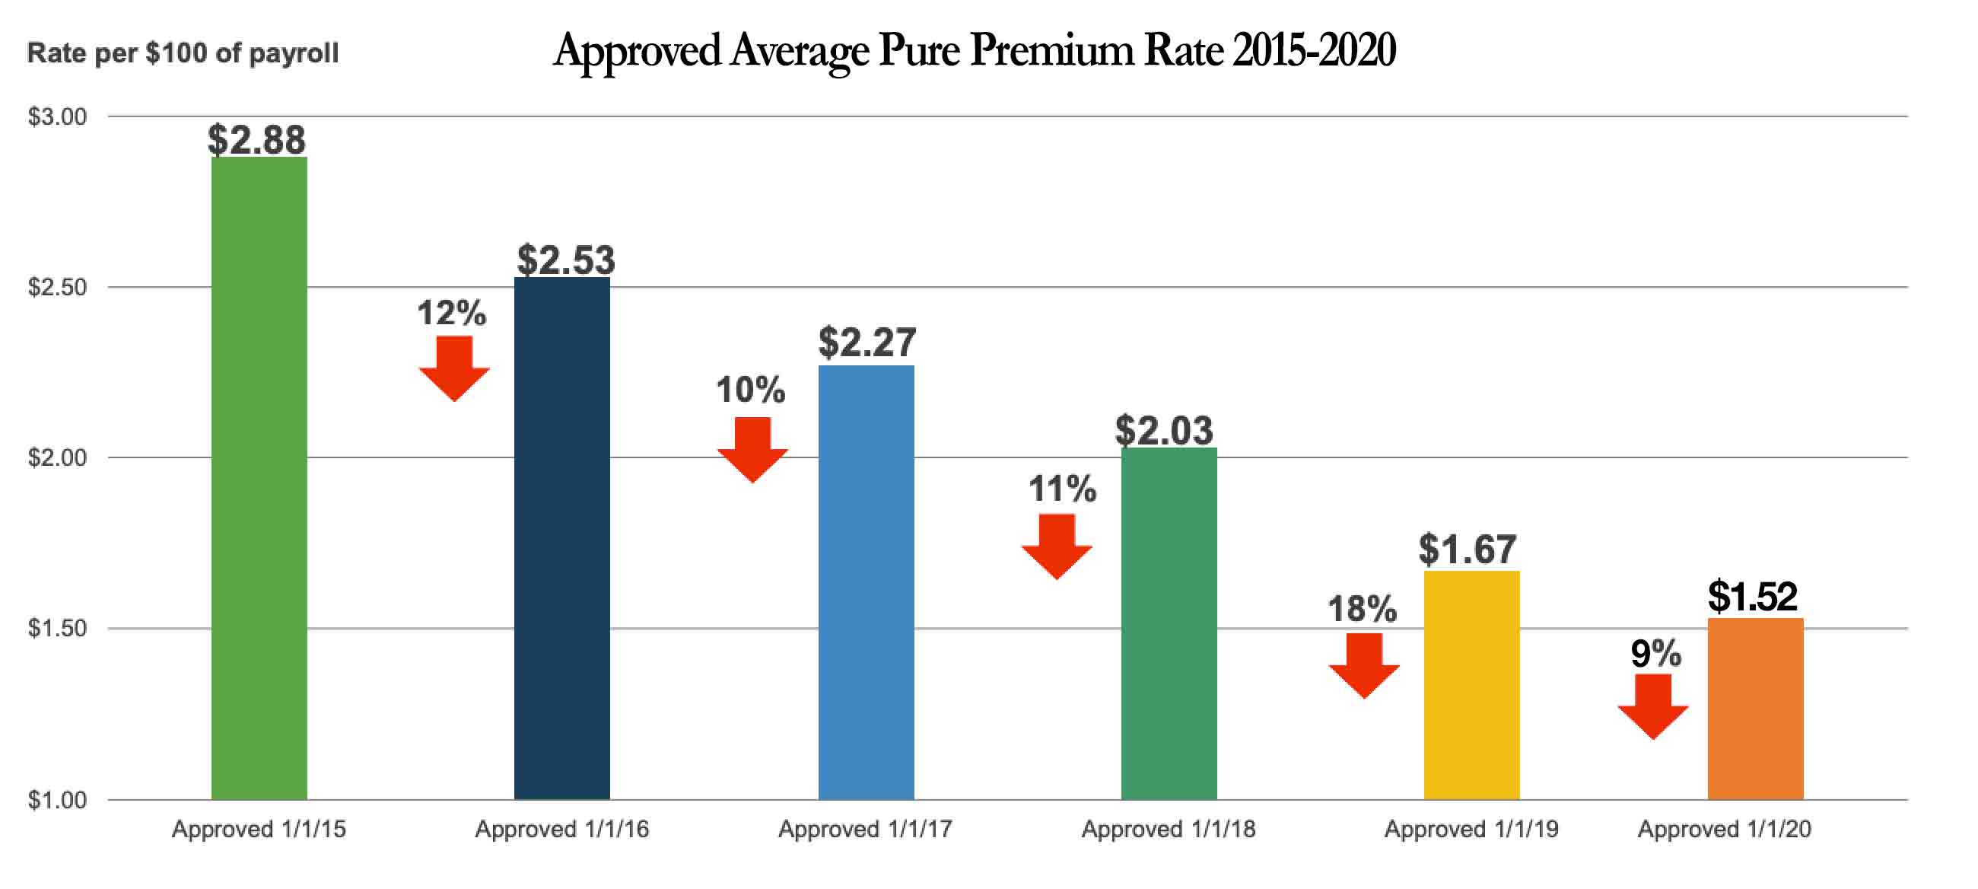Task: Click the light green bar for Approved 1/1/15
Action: click(x=259, y=476)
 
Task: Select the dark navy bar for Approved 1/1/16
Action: click(x=561, y=538)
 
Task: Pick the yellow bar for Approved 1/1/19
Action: click(x=1471, y=683)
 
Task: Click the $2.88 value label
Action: click(x=256, y=140)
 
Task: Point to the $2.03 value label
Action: click(x=1164, y=430)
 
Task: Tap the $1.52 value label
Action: click(x=1752, y=596)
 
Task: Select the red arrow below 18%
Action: click(x=1364, y=665)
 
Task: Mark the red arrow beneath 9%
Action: click(x=1652, y=706)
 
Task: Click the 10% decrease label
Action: click(x=750, y=390)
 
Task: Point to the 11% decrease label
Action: click(x=1062, y=489)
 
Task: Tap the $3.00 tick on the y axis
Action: click(x=57, y=116)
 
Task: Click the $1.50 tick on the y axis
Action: click(x=57, y=628)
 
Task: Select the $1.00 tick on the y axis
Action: click(x=57, y=800)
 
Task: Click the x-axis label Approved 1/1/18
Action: click(x=1168, y=829)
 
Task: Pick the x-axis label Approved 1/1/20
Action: click(x=1724, y=829)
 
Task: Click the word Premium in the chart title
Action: click(x=1051, y=51)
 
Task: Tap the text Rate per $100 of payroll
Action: click(x=183, y=53)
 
